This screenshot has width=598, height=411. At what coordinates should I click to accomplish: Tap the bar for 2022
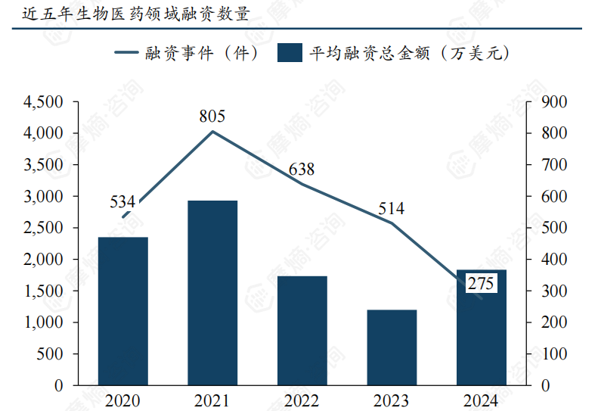[302, 330]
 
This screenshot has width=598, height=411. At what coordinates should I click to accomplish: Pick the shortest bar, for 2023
[392, 347]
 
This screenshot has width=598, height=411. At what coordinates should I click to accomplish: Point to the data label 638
[302, 169]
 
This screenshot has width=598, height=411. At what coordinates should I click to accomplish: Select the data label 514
[392, 208]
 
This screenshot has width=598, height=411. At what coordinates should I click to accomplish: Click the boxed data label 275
[481, 284]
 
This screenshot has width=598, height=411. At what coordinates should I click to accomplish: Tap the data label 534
[122, 202]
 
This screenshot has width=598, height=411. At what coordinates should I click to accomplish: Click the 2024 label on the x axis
[481, 400]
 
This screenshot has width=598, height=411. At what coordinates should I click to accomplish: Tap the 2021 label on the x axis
[212, 400]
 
